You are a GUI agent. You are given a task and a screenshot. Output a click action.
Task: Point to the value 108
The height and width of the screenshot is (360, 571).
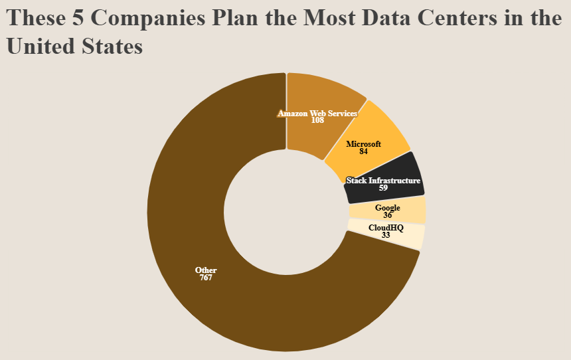(x=317, y=120)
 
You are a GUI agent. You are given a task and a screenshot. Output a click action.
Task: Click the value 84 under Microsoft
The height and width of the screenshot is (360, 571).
(x=364, y=151)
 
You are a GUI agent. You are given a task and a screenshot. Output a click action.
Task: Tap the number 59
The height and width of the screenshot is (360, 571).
(x=384, y=188)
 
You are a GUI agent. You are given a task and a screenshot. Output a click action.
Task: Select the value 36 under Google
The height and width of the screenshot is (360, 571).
(x=388, y=215)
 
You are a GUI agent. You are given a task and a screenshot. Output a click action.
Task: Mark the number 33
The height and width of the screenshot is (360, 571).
(x=386, y=235)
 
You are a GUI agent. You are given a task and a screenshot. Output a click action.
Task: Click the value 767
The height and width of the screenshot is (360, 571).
(x=206, y=278)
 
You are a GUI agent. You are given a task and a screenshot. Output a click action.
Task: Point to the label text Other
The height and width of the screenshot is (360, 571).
(x=206, y=270)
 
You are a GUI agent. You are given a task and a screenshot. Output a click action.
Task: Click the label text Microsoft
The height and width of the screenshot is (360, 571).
(x=364, y=144)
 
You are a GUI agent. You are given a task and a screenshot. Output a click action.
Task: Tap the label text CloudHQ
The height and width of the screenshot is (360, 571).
(x=386, y=228)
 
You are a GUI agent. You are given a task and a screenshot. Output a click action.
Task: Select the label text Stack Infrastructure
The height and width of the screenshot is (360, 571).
(x=384, y=181)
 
